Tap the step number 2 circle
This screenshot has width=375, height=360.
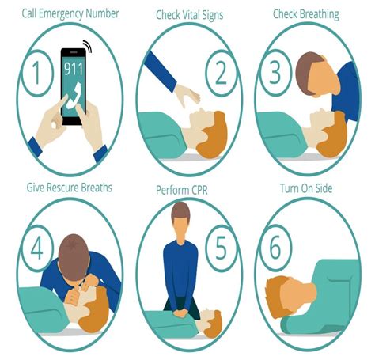(220, 74)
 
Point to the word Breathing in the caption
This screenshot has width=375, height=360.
(323, 13)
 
